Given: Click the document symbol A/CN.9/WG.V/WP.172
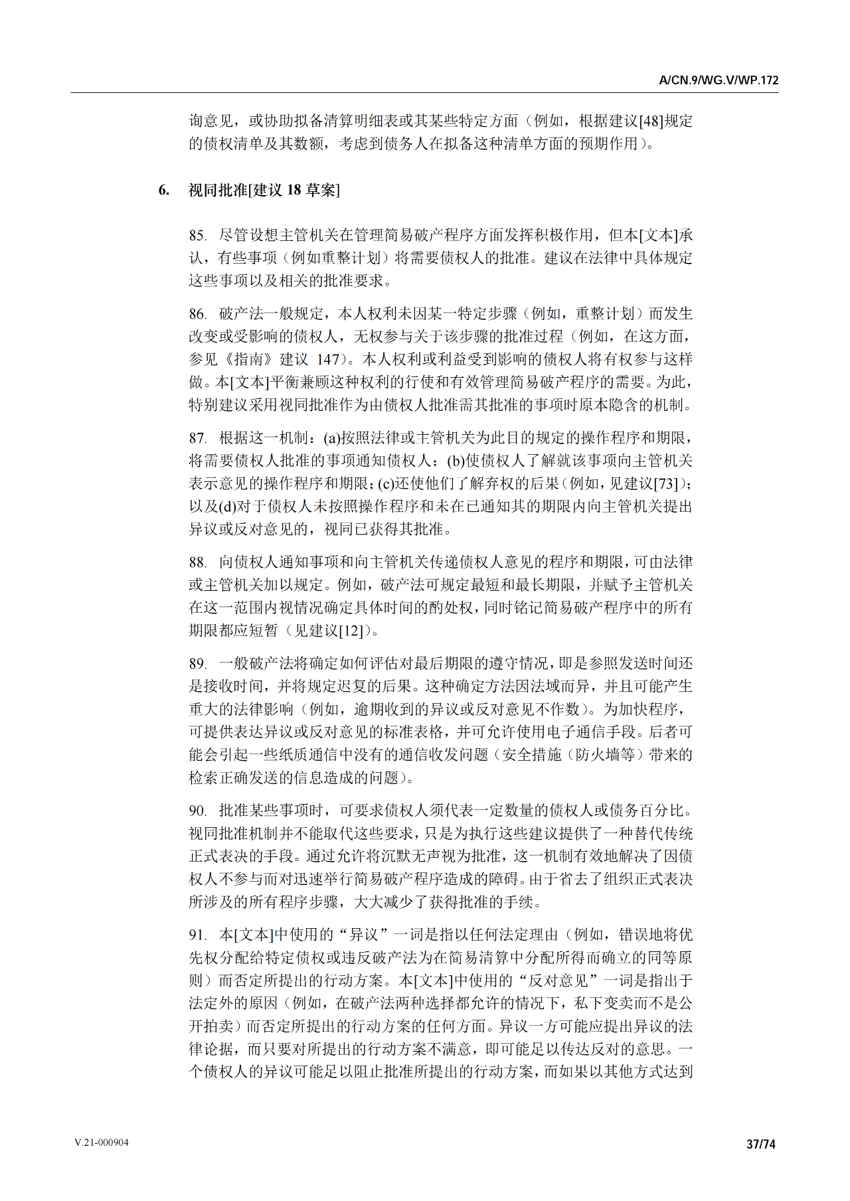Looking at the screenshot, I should [719, 81].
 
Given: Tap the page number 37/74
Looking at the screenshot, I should [761, 1144].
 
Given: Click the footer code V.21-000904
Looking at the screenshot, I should [102, 1143].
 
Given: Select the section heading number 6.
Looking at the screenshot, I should [163, 191].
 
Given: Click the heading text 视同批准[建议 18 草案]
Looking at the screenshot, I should [264, 191].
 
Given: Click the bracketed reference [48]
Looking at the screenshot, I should [651, 121].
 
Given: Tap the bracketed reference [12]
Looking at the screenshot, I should [352, 631].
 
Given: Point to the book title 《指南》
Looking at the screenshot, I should [242, 360].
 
